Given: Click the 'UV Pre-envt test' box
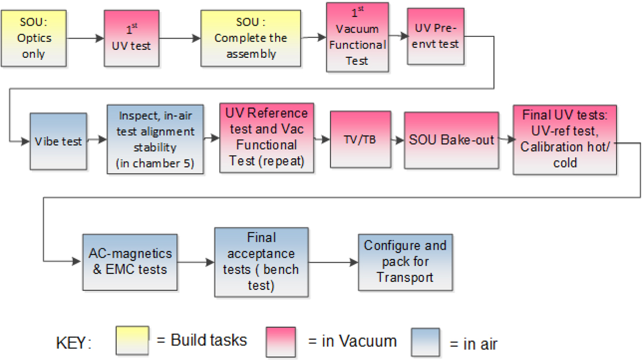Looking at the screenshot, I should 433,36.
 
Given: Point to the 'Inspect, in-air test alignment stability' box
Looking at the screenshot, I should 155,139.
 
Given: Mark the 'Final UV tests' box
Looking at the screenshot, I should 564,140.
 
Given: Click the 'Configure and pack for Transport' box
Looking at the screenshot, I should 405,262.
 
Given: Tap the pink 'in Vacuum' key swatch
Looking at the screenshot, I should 281,341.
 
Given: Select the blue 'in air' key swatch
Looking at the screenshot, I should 425,342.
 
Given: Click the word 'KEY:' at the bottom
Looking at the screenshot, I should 73,343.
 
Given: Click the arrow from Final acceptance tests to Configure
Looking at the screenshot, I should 333,262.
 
